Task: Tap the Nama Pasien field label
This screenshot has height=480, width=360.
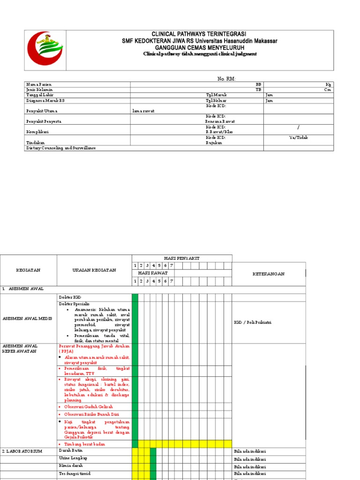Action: tap(39, 84)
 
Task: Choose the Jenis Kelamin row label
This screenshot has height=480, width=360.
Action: tap(40, 90)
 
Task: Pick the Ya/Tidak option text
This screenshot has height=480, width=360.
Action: tap(299, 138)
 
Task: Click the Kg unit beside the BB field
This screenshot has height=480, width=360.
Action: tap(328, 84)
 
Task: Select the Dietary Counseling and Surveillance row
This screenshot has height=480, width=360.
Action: tap(61, 148)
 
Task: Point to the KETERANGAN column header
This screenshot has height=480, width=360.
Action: tap(269, 274)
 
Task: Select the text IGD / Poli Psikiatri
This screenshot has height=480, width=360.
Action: tap(253, 322)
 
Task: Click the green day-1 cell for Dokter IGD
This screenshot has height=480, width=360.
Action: tap(135, 297)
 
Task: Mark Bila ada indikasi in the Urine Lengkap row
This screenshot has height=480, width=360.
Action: tap(250, 459)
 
